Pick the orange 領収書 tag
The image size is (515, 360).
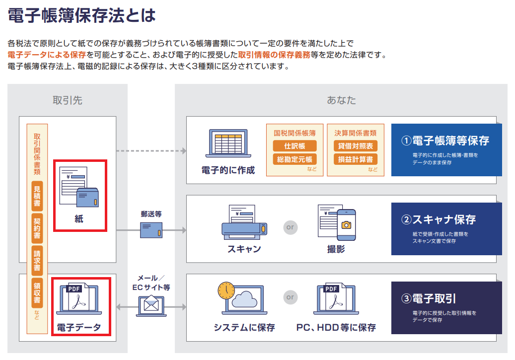pyautogui.click(x=37, y=292)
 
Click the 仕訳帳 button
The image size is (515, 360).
pyautogui.click(x=294, y=146)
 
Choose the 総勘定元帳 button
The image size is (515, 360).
pyautogui.click(x=294, y=159)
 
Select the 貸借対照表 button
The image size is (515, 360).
pyautogui.click(x=356, y=146)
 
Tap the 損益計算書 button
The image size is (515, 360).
pyautogui.click(x=356, y=159)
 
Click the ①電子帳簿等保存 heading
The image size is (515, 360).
pyautogui.click(x=445, y=141)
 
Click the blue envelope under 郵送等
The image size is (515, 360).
pyautogui.click(x=151, y=229)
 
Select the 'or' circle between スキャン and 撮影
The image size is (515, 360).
pyautogui.click(x=290, y=227)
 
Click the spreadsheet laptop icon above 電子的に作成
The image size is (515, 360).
pyautogui.click(x=227, y=144)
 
